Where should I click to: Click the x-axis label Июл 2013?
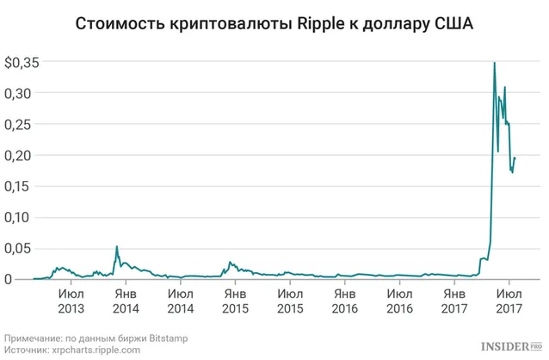pos(71,301)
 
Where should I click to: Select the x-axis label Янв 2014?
pos(125,301)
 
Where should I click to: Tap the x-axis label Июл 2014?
pos(180,301)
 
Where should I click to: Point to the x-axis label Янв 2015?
pos(234,301)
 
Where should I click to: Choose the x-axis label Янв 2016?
pos(344,301)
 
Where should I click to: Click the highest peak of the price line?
pos(494,63)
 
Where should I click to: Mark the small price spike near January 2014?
pos(116,246)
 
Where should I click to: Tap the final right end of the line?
pos(515,158)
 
